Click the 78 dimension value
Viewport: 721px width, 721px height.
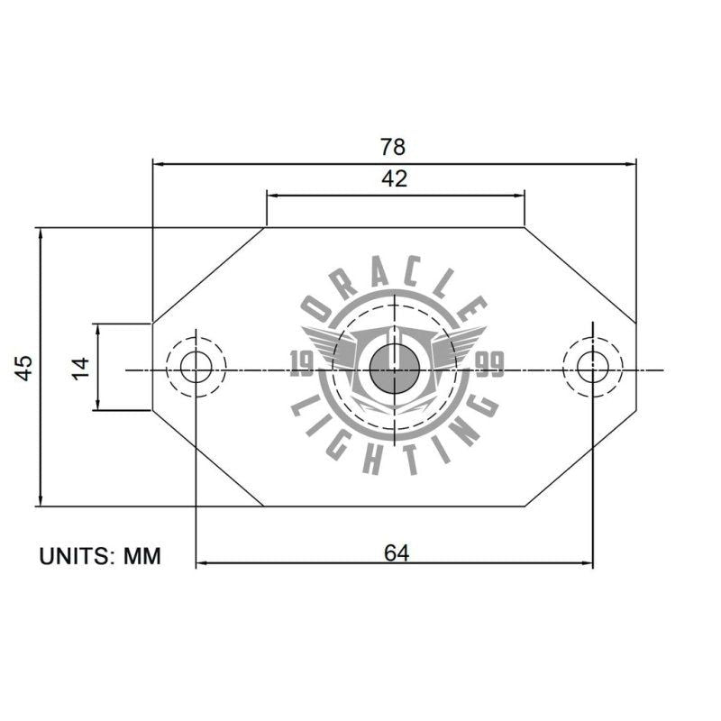394,146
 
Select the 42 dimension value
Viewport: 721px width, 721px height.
394,178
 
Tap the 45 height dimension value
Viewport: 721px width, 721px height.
24,367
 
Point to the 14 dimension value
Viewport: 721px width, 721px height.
81,367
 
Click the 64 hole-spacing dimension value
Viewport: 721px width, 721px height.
397,552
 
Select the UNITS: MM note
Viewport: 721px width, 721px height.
99,556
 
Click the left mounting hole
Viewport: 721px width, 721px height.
196,367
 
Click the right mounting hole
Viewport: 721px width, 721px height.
592,367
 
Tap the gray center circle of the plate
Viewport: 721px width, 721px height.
394,369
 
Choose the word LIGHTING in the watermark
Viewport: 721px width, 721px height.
394,442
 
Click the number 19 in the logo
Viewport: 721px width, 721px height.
302,364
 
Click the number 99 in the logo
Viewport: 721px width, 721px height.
489,364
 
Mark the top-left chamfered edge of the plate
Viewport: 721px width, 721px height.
208,275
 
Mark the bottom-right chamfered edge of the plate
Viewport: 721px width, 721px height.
580,459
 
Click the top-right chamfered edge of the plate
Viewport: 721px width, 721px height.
580,275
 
